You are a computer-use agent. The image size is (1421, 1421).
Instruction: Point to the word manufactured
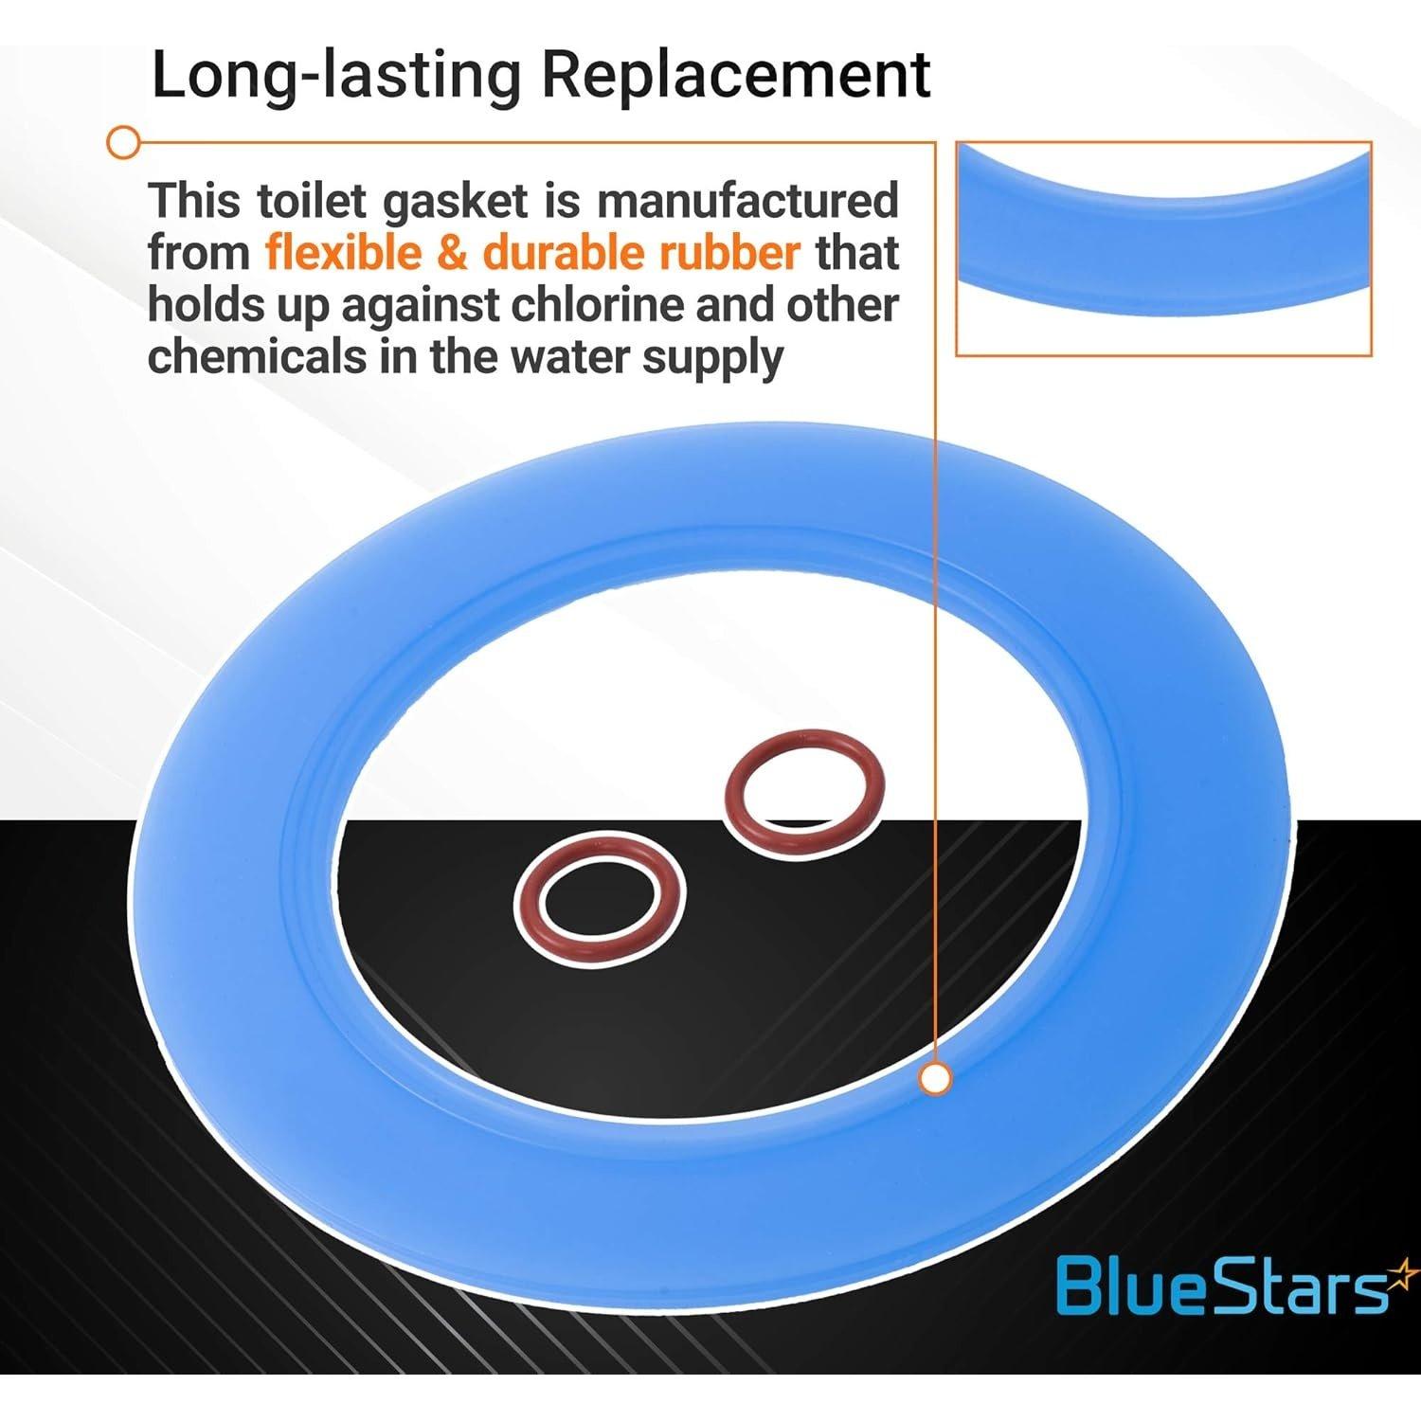coord(747,201)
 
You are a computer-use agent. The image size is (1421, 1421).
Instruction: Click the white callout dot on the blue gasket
coord(936,1078)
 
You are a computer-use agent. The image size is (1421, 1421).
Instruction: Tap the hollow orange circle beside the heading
coord(122,144)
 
